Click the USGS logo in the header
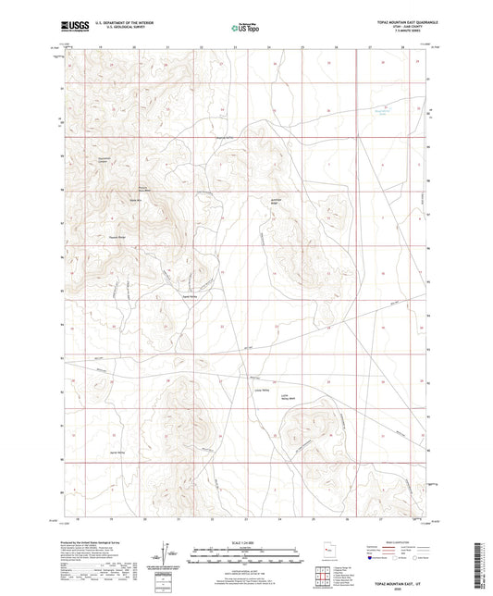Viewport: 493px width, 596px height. pos(74,27)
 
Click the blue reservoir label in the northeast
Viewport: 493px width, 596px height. pos(379,112)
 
